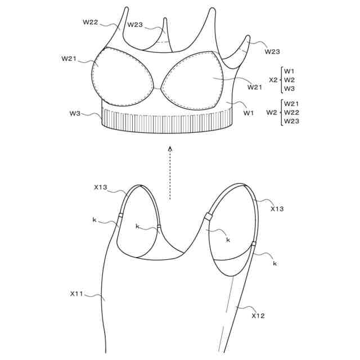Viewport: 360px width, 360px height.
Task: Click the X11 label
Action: tap(76, 294)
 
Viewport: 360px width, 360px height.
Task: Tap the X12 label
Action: tap(258, 316)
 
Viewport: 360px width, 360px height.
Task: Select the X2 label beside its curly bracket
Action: tap(273, 80)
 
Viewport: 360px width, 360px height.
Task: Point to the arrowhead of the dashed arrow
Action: tap(170, 148)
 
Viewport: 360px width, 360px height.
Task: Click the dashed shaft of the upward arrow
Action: tap(170, 174)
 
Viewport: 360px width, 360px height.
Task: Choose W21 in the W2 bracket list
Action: tap(292, 103)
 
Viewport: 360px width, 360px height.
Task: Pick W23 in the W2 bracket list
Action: tap(292, 121)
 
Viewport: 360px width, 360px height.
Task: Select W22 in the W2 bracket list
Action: tap(292, 112)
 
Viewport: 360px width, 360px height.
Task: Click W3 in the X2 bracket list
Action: tap(289, 89)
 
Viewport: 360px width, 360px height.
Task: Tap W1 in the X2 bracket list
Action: tap(289, 71)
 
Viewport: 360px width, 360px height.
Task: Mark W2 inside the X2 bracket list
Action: tap(289, 80)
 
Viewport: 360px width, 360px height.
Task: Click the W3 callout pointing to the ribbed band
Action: tap(75, 114)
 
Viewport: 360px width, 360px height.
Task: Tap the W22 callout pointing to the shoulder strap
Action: tap(91, 22)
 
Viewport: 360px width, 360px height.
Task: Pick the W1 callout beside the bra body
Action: tap(249, 113)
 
